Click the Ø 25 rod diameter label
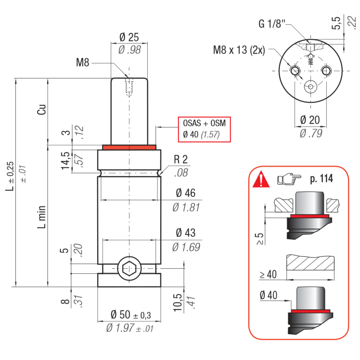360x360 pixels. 129,37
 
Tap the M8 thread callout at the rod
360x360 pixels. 83,62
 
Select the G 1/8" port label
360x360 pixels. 272,24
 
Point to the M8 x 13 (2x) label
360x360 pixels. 239,50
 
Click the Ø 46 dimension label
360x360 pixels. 186,193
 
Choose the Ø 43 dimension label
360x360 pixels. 186,233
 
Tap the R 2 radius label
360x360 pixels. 181,159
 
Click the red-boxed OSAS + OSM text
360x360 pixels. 204,123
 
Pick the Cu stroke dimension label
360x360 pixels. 41,110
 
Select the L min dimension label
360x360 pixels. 41,217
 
